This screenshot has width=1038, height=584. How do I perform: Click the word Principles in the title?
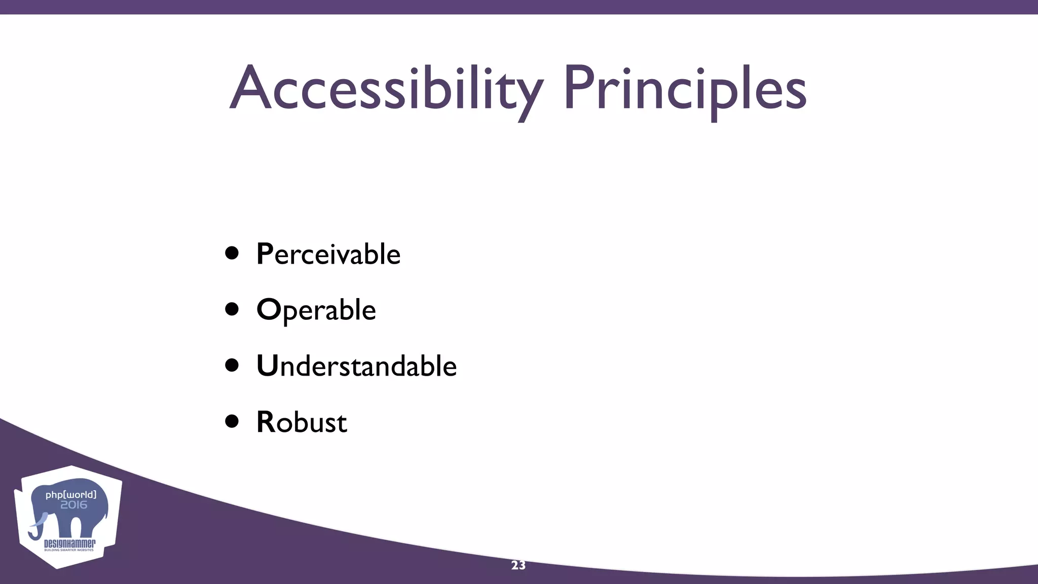(x=684, y=89)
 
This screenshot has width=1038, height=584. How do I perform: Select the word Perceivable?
(x=328, y=254)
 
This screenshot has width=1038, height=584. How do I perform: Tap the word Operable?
(x=316, y=310)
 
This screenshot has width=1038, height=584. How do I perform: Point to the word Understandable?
(x=356, y=366)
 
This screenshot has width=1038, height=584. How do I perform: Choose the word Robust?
(x=302, y=422)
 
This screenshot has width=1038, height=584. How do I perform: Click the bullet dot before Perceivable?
(x=232, y=253)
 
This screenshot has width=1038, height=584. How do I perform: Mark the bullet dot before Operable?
(x=232, y=309)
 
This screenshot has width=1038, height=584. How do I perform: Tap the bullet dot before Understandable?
(x=232, y=365)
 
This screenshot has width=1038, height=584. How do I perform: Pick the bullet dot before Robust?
(x=232, y=421)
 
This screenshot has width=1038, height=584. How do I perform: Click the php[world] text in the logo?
(x=70, y=494)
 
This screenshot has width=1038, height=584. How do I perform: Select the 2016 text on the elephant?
(x=73, y=505)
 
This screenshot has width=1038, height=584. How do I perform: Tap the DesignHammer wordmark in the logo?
(x=69, y=544)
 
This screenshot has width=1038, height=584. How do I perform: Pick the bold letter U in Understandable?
(x=267, y=366)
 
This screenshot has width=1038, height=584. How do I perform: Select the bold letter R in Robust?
(x=266, y=422)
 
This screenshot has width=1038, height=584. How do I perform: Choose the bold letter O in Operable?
(x=269, y=309)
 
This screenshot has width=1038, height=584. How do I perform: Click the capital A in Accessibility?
(x=248, y=89)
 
